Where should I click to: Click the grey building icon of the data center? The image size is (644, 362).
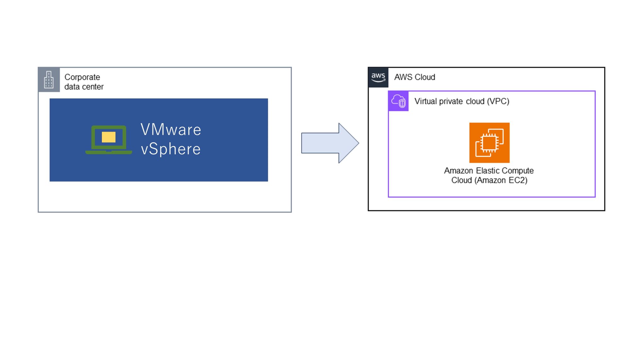[x=49, y=80]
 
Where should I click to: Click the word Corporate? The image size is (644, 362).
[x=82, y=77]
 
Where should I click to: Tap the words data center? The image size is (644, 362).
[x=84, y=87]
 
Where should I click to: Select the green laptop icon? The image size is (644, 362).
[x=108, y=140]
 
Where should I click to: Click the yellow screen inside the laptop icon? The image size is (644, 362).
[x=108, y=137]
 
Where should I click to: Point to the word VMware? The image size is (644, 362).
[x=171, y=130]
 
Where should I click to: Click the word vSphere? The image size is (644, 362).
[x=171, y=149]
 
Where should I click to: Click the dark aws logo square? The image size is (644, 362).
[x=378, y=77]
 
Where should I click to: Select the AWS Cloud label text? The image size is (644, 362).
[x=414, y=77]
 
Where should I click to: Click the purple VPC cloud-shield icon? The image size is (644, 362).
[x=398, y=101]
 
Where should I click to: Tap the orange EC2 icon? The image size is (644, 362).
[x=489, y=143]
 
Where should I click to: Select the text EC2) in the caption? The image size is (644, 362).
[x=518, y=180]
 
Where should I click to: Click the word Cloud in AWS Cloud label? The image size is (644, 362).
[x=425, y=77]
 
